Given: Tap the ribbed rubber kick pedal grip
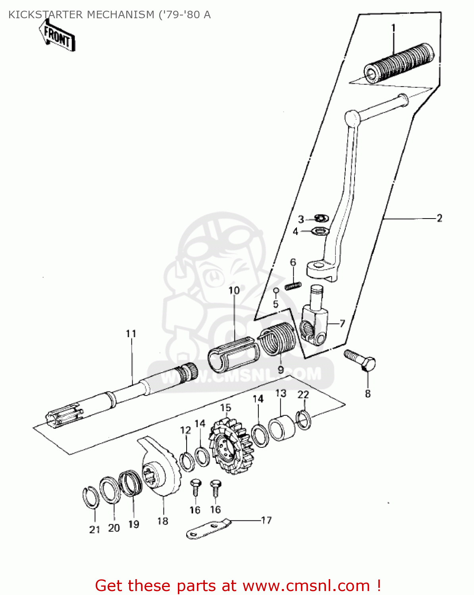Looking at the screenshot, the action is click(399, 64).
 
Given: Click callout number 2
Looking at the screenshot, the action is click(439, 218).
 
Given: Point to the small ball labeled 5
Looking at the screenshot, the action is click(276, 291).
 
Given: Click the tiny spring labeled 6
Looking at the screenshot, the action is click(293, 285).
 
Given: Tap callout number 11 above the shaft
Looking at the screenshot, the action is click(131, 334).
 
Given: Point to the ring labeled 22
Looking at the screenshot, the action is click(304, 420).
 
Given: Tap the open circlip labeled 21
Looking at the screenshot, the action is click(91, 497).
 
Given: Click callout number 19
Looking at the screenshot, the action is click(134, 524).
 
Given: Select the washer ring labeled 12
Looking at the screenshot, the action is click(187, 461).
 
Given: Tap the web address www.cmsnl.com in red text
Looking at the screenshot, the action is click(306, 585).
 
